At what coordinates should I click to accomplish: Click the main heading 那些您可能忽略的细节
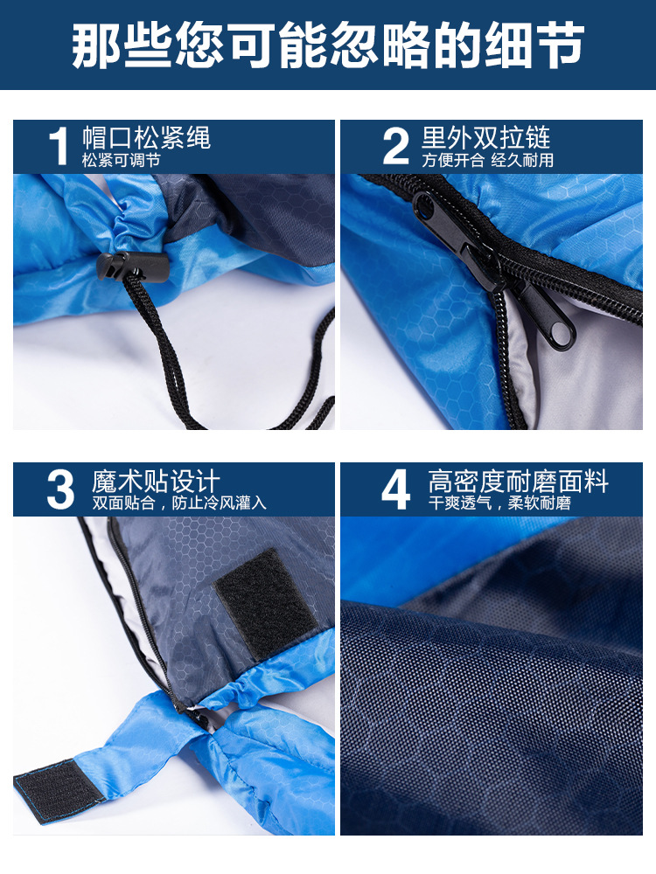[x=328, y=45]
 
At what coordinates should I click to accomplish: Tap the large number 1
[x=59, y=146]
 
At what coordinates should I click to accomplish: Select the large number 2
[x=395, y=146]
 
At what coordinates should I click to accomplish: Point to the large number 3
[x=60, y=489]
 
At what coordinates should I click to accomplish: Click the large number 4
[x=395, y=489]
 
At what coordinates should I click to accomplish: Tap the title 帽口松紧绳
[x=147, y=137]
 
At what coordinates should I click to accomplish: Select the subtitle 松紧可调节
[x=121, y=161]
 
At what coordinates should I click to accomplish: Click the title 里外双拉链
[x=485, y=137]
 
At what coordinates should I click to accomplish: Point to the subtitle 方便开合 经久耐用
[x=487, y=161]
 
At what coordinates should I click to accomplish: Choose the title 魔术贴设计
[x=157, y=481]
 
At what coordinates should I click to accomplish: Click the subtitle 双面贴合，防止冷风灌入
[x=179, y=503]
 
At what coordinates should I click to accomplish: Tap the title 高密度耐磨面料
[x=518, y=481]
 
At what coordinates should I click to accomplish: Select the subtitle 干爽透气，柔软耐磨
[x=499, y=503]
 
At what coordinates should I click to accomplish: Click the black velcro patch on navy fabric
[x=266, y=603]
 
